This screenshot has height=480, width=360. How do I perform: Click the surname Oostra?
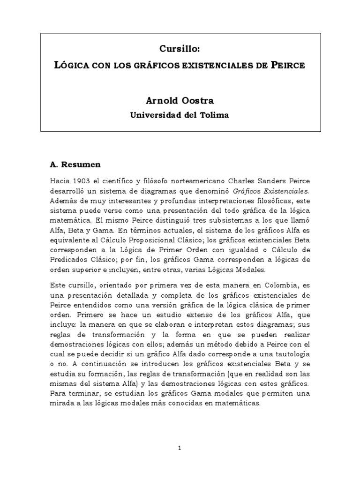[199, 100]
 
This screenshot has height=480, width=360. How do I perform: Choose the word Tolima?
[215, 115]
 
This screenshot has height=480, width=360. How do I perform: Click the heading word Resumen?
[81, 165]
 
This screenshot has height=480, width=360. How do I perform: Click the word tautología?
[289, 357]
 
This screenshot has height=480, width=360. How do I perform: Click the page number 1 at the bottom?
[180, 448]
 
